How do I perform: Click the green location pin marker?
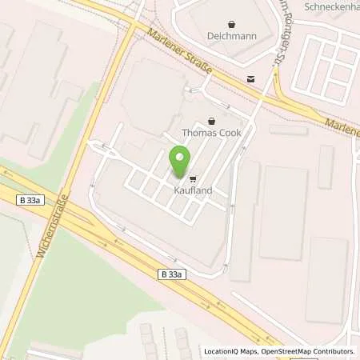coord(179,162)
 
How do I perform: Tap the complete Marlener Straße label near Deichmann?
coord(180,54)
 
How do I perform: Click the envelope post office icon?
coord(251,78)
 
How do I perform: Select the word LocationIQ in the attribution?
coord(222,351)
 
